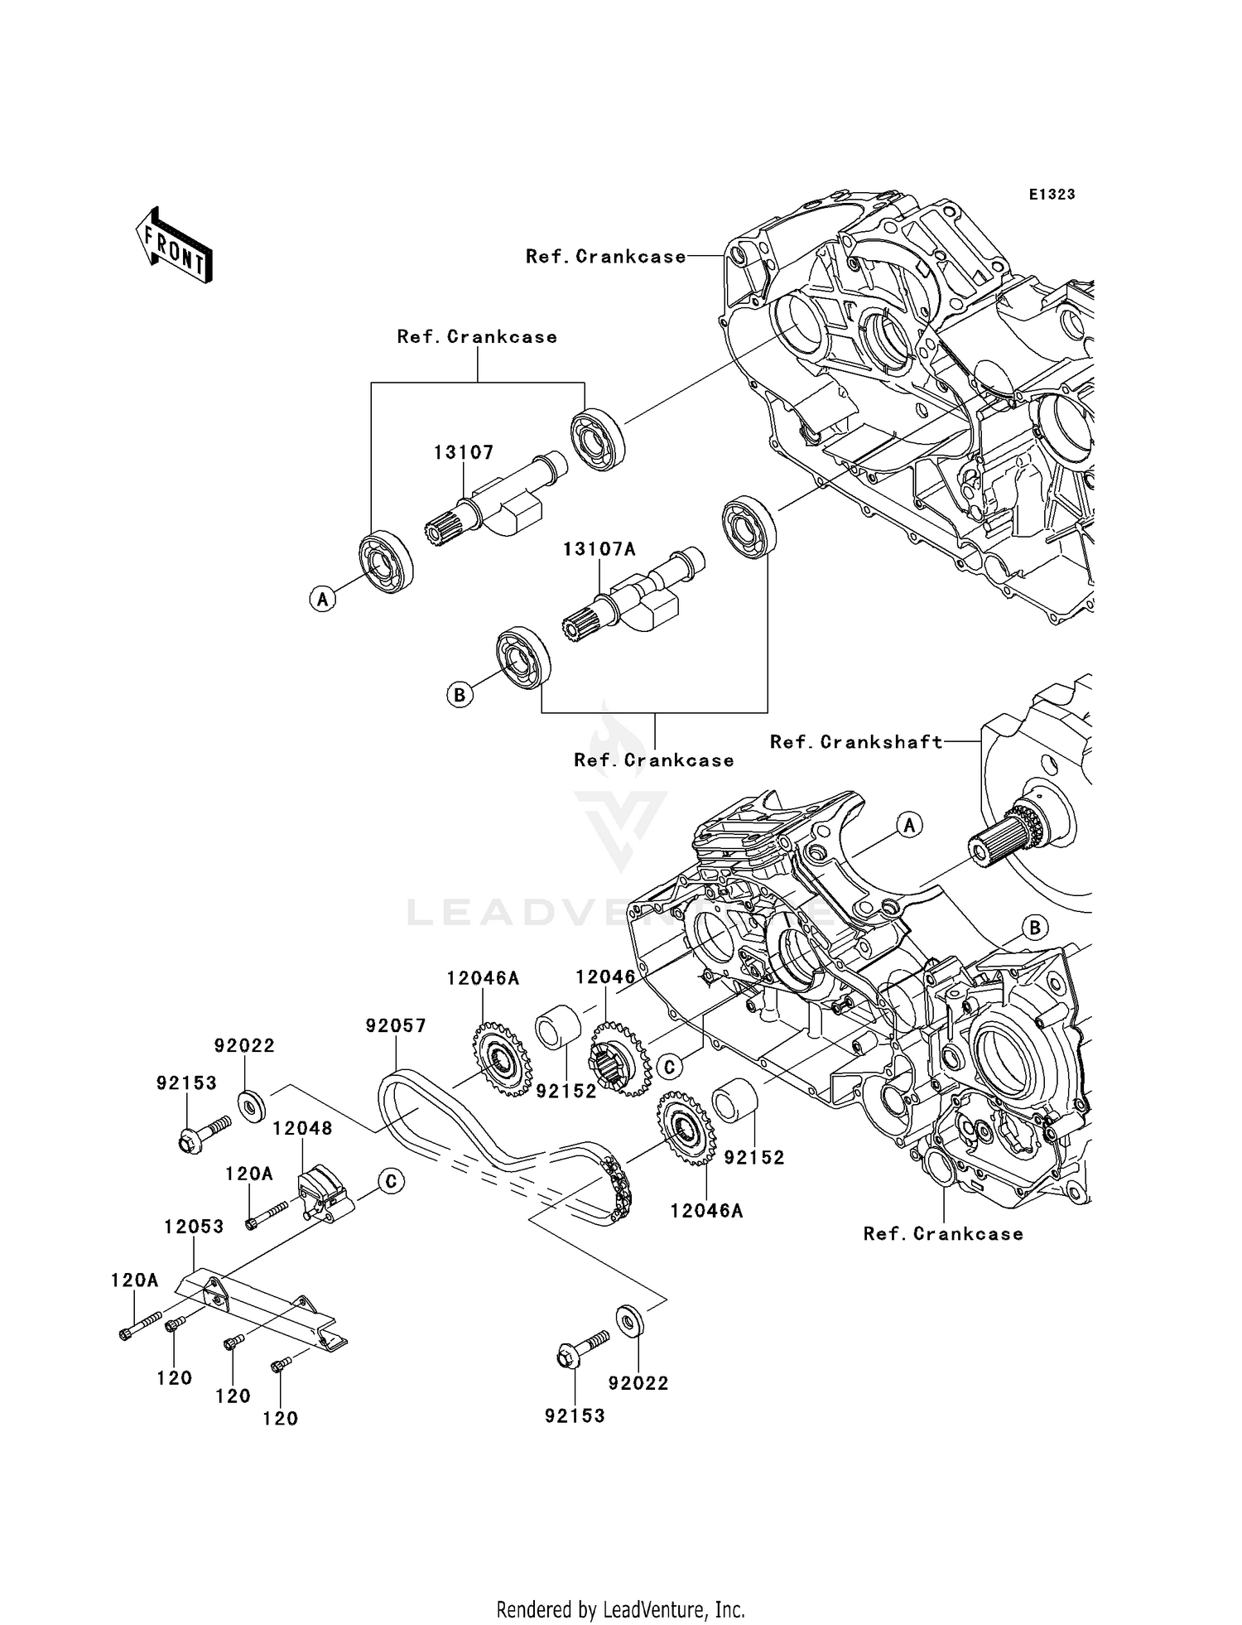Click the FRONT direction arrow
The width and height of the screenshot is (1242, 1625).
click(x=174, y=245)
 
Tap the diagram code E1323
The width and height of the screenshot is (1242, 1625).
click(x=1052, y=195)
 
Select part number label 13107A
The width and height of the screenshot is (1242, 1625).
click(x=599, y=549)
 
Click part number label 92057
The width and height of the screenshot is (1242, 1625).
click(x=396, y=1026)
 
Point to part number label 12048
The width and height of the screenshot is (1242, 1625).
click(x=302, y=1128)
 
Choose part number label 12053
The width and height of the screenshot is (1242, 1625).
click(x=194, y=1227)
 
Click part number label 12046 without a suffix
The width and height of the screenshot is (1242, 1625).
click(x=605, y=977)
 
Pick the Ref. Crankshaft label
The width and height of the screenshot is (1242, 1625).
click(x=856, y=742)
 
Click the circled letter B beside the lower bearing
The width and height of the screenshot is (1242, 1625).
click(x=460, y=694)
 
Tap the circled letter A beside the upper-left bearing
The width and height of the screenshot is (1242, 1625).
click(x=323, y=598)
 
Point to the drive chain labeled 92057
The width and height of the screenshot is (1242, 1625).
click(x=497, y=1147)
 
